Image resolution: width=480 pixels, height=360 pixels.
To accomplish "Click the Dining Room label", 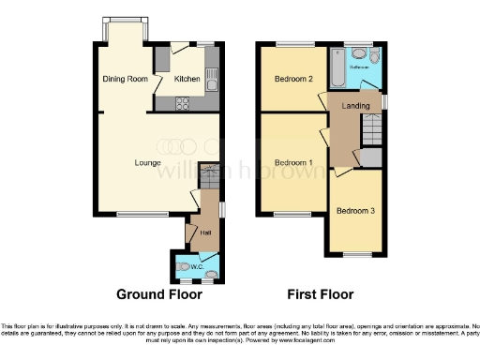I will click(x=126, y=80).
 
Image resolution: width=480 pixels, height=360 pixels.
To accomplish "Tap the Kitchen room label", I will click(x=187, y=80).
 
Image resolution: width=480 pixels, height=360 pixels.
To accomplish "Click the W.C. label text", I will click(x=197, y=267).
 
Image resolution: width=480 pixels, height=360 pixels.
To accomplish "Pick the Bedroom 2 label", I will click(x=293, y=80).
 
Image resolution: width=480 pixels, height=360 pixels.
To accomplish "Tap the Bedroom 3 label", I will click(x=356, y=211).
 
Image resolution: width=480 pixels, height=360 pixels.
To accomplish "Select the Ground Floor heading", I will click(x=159, y=294).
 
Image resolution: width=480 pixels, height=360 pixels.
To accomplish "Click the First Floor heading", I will click(x=322, y=294).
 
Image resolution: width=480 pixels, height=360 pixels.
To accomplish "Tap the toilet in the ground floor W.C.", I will click(x=210, y=274).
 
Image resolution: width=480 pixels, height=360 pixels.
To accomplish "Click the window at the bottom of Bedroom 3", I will click(x=355, y=254).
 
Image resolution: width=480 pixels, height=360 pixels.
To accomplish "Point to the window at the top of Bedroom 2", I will click(x=291, y=44).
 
